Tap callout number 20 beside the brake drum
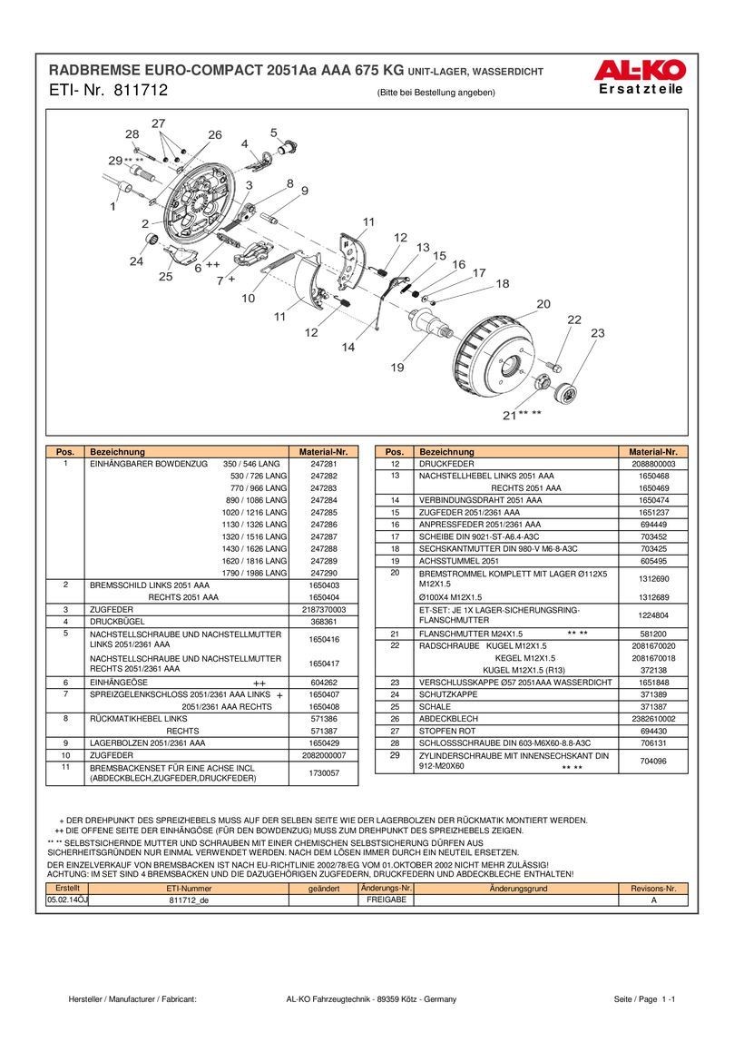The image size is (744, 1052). (543, 303)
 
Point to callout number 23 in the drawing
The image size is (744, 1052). (596, 334)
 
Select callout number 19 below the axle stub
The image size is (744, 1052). (396, 368)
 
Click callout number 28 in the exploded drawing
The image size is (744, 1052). (132, 134)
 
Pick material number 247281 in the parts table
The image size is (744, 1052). (323, 464)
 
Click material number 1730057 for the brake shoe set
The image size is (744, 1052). (323, 772)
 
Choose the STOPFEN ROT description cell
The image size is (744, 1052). (447, 730)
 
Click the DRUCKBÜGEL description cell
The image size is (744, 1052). (114, 622)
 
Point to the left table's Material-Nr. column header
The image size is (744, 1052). (323, 452)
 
